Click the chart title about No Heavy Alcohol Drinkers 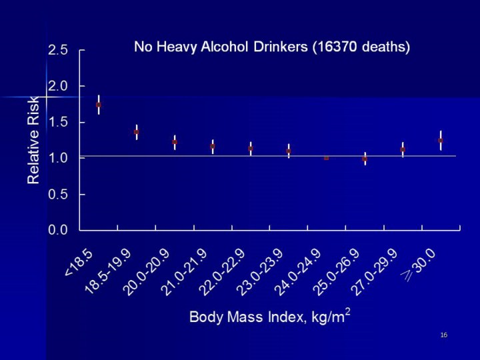pyautogui.click(x=272, y=47)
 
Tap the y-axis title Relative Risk pyautogui.click(x=33, y=140)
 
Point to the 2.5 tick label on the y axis pyautogui.click(x=59, y=51)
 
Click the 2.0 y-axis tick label pyautogui.click(x=59, y=86)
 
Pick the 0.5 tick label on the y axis pyautogui.click(x=59, y=194)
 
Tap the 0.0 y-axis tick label pyautogui.click(x=59, y=230)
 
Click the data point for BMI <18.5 pyautogui.click(x=99, y=105)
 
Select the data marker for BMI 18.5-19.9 pyautogui.click(x=137, y=132)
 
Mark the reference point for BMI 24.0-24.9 pyautogui.click(x=327, y=158)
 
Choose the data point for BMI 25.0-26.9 pyautogui.click(x=365, y=159)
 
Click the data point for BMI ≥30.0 pyautogui.click(x=441, y=141)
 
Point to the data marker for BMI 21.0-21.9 pyautogui.click(x=213, y=146)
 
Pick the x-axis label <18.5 pyautogui.click(x=79, y=261)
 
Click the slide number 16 pyautogui.click(x=443, y=334)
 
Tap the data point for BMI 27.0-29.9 pyautogui.click(x=403, y=149)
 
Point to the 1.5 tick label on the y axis pyautogui.click(x=59, y=122)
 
